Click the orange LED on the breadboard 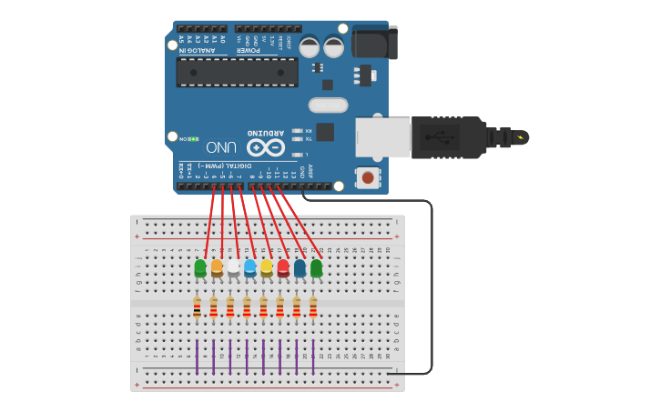pos(217,267)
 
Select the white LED pos(233,267)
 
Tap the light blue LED pos(249,267)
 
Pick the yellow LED pos(267,267)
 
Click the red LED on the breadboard pos(283,267)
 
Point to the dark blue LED pos(300,267)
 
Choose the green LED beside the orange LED pos(200,267)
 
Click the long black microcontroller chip pos(237,73)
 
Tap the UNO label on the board pos(221,146)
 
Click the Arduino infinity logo pos(266,146)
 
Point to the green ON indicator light pos(193,139)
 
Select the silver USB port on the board pos(382,137)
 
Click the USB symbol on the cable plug pos(445,137)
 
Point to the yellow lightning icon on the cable pos(521,137)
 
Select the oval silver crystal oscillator pos(328,105)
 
